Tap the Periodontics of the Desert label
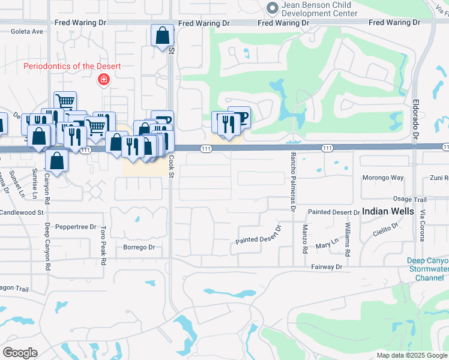click(x=72, y=66)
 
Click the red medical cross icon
click(x=104, y=79)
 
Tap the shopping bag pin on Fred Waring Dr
click(x=162, y=37)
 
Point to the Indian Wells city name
click(x=388, y=211)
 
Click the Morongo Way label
click(x=383, y=178)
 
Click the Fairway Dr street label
click(x=326, y=266)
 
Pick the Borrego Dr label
click(x=139, y=247)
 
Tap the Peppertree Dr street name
click(x=76, y=227)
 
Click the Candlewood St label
click(x=22, y=212)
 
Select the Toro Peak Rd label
click(x=103, y=242)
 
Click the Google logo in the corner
click(x=20, y=353)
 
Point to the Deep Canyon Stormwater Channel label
click(x=428, y=269)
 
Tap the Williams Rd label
click(x=347, y=238)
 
